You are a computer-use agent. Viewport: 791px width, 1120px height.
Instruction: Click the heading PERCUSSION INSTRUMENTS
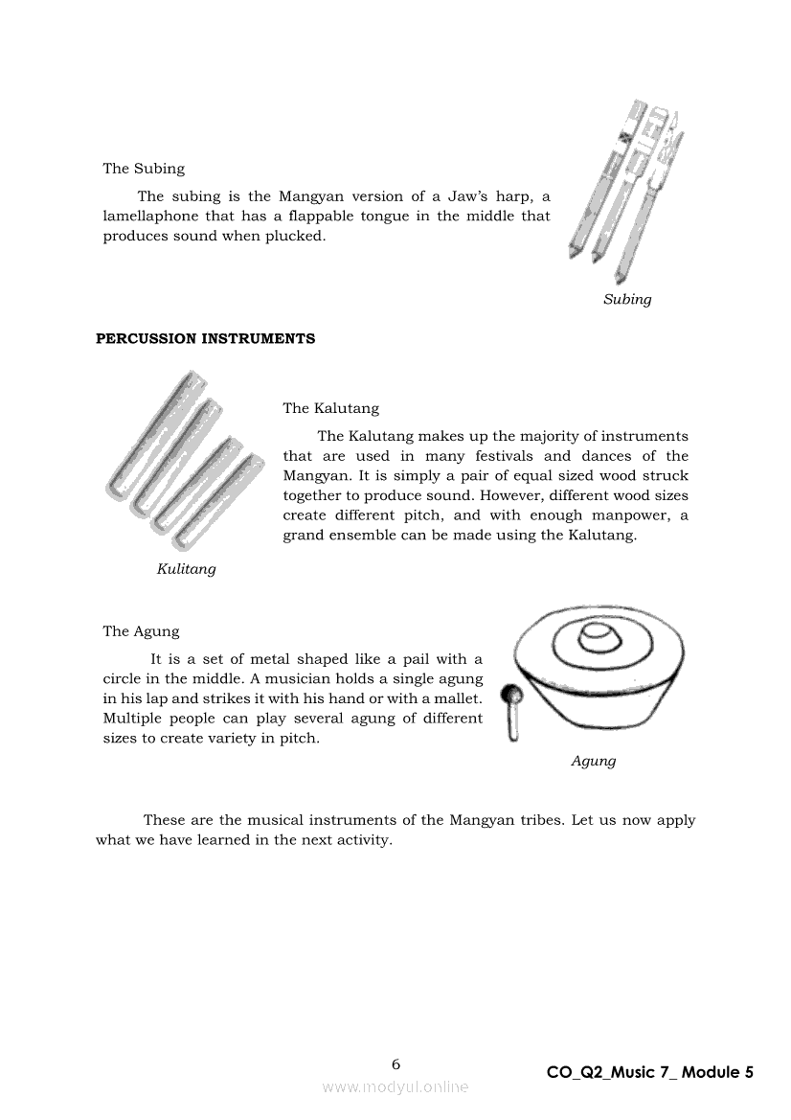pyautogui.click(x=205, y=339)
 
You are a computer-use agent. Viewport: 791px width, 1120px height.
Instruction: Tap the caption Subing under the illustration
pyautogui.click(x=627, y=299)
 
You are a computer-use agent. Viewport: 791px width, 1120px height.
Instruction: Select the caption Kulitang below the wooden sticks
pyautogui.click(x=186, y=569)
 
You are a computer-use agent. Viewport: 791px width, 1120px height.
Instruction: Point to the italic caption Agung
pyautogui.click(x=593, y=761)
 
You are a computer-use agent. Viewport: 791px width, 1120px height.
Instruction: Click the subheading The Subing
pyautogui.click(x=144, y=169)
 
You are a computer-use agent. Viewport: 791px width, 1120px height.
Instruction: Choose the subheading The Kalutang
pyautogui.click(x=330, y=408)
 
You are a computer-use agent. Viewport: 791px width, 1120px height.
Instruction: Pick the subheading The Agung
pyautogui.click(x=141, y=631)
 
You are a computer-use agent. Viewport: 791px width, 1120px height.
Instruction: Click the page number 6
pyautogui.click(x=396, y=1064)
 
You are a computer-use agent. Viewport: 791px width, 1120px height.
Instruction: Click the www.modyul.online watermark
pyautogui.click(x=395, y=1086)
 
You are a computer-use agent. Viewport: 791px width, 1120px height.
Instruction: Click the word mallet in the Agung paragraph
pyautogui.click(x=454, y=698)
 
